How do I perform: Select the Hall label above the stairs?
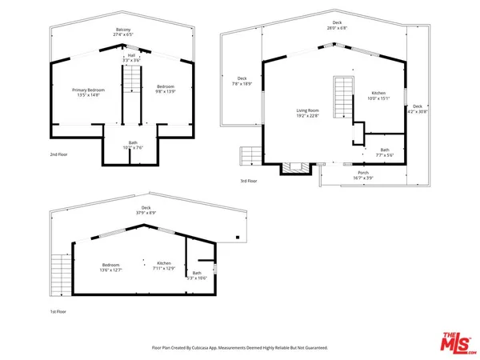[x=131, y=58]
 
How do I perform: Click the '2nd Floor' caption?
[x=59, y=154]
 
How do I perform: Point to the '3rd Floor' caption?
[x=248, y=181]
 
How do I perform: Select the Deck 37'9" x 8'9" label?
[x=144, y=210]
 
